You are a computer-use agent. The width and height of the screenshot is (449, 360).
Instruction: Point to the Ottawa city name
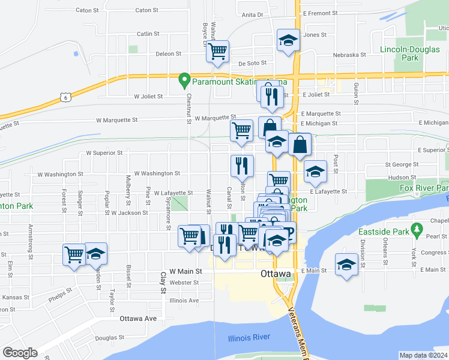point(276,274)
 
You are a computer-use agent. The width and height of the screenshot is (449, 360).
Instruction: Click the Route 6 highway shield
point(65,96)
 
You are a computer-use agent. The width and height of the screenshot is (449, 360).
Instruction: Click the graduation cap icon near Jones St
point(288,40)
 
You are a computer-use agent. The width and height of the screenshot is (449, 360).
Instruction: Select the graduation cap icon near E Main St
point(346,265)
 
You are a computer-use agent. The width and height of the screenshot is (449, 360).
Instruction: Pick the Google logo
point(20,353)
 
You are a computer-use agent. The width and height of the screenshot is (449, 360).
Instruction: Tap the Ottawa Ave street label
point(138,318)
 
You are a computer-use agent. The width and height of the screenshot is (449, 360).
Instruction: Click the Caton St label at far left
point(87,10)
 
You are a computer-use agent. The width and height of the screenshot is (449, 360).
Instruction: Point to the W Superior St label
point(104,153)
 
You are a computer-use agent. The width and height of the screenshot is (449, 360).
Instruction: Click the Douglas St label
point(109,338)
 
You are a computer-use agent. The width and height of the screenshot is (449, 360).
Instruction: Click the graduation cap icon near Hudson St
point(315,172)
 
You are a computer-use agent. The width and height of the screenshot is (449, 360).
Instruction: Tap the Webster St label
point(184,283)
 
